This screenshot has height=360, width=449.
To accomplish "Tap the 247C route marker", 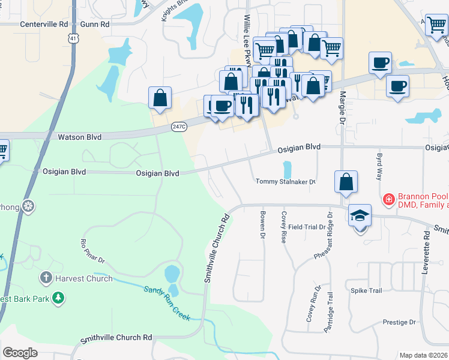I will click(179, 127).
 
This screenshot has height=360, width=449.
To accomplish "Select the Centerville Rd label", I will click(44, 25).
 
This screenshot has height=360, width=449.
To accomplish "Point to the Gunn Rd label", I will click(97, 25).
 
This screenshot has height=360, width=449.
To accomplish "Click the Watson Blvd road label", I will click(79, 137).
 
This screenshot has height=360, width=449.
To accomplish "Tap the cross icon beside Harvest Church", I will click(46, 278).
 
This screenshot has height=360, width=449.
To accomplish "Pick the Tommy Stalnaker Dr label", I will click(285, 181).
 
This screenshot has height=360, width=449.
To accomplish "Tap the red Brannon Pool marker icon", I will click(389, 199).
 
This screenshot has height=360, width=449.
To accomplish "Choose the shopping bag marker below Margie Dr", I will click(346, 182).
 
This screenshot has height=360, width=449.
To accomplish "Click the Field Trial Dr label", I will click(306, 227).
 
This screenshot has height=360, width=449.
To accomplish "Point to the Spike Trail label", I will click(366, 291).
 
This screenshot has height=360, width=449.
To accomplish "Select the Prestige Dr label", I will click(399, 322).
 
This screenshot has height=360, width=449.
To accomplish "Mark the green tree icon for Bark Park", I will click(58, 298).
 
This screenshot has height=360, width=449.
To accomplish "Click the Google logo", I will click(20, 353).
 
